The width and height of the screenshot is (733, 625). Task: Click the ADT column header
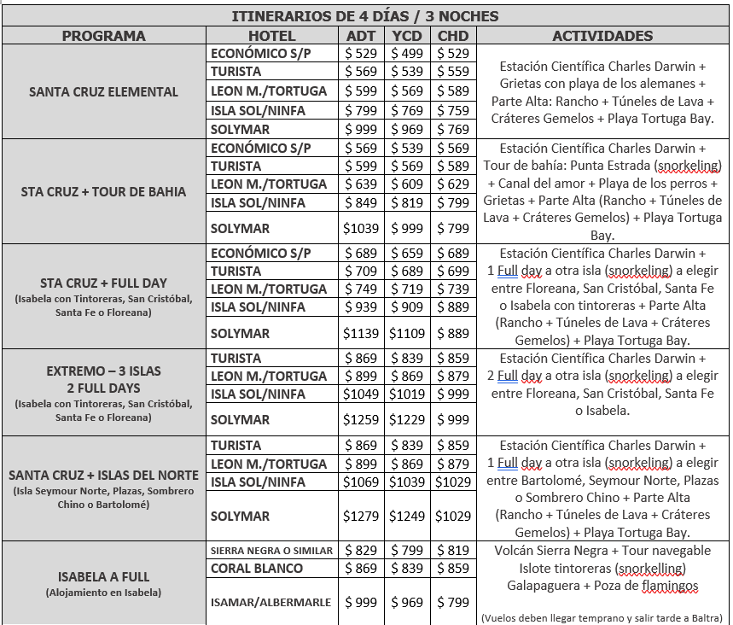(360, 36)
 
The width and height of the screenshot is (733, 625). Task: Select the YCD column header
(407, 36)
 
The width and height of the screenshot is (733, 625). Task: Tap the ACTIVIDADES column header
(602, 36)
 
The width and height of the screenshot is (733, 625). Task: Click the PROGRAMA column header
(104, 36)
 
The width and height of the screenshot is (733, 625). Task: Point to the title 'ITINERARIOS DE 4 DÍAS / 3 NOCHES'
(365, 16)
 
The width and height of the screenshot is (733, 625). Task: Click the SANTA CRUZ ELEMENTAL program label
(104, 91)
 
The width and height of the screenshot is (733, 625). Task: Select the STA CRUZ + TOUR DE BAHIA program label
(104, 191)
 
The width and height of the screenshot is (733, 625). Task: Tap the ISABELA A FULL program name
(104, 576)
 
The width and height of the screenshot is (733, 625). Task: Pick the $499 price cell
(407, 54)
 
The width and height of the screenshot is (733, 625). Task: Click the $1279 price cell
(360, 516)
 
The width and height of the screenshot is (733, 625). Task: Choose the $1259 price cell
(360, 419)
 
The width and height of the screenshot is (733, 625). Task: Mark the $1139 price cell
(360, 333)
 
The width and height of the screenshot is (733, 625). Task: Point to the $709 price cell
(360, 272)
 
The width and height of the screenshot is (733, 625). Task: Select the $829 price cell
(360, 551)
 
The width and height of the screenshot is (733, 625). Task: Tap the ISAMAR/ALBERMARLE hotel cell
(271, 602)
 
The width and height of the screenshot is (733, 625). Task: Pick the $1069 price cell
(360, 482)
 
